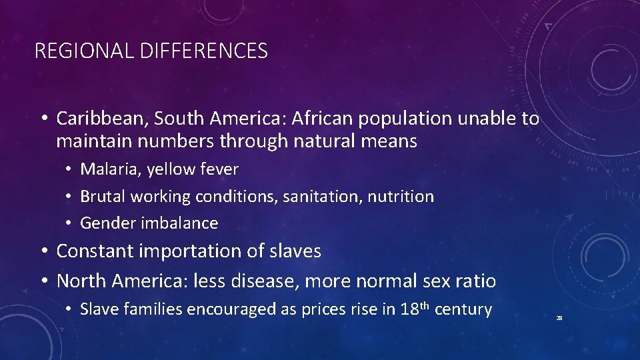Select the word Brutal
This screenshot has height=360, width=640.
click(103, 197)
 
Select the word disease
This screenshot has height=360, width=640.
click(265, 281)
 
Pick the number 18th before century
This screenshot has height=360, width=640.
click(415, 309)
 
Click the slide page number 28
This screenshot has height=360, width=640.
click(559, 319)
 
